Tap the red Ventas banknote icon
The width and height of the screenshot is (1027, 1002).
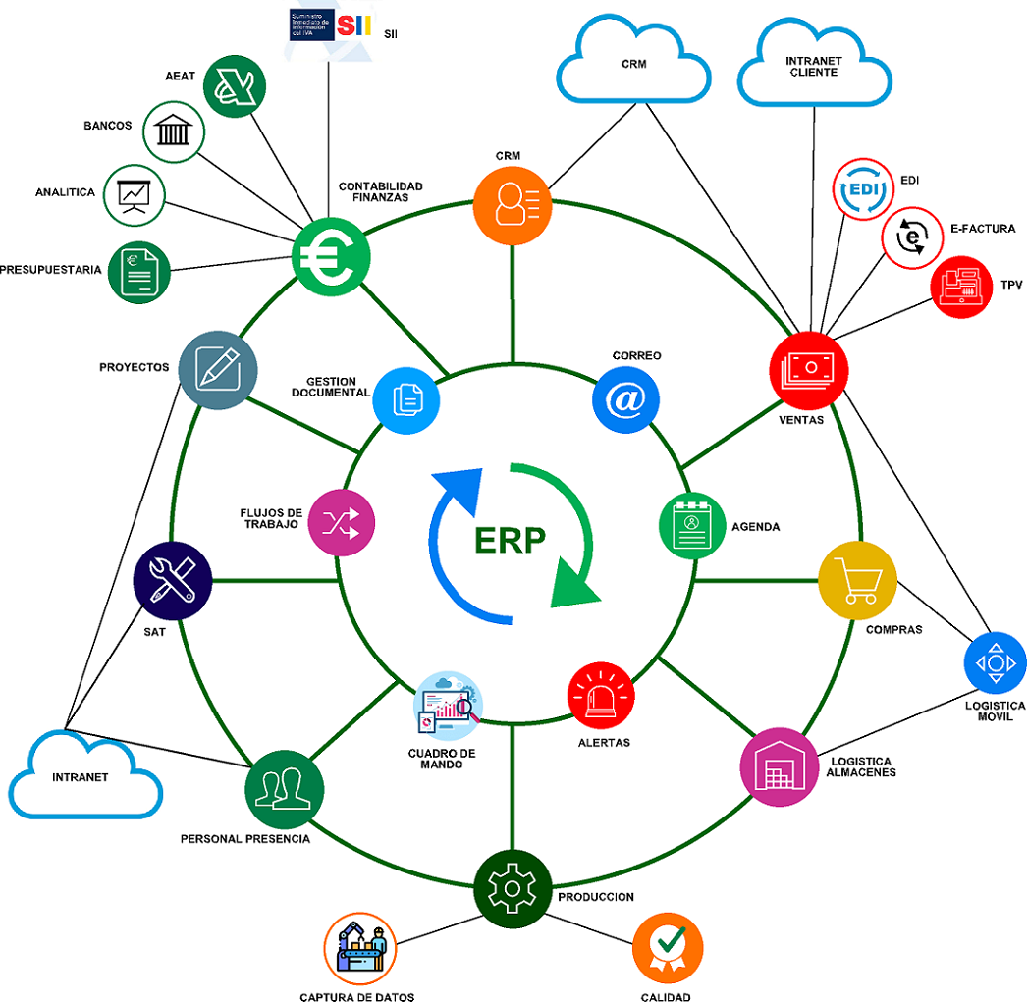tap(808, 369)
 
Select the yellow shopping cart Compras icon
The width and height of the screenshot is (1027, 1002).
tap(857, 579)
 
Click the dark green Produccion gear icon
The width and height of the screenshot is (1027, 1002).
tap(512, 886)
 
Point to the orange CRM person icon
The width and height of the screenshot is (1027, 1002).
tap(513, 204)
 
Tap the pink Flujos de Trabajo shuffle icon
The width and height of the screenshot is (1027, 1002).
tap(341, 523)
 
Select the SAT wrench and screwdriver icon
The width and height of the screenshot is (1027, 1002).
tap(173, 581)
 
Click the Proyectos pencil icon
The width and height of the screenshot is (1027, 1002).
tap(218, 369)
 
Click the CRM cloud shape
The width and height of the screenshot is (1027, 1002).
tap(632, 64)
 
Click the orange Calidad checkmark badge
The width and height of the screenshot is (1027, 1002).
tap(668, 947)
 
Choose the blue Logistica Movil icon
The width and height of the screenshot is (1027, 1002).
tap(995, 662)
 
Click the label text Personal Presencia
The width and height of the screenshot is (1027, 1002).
tap(244, 839)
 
